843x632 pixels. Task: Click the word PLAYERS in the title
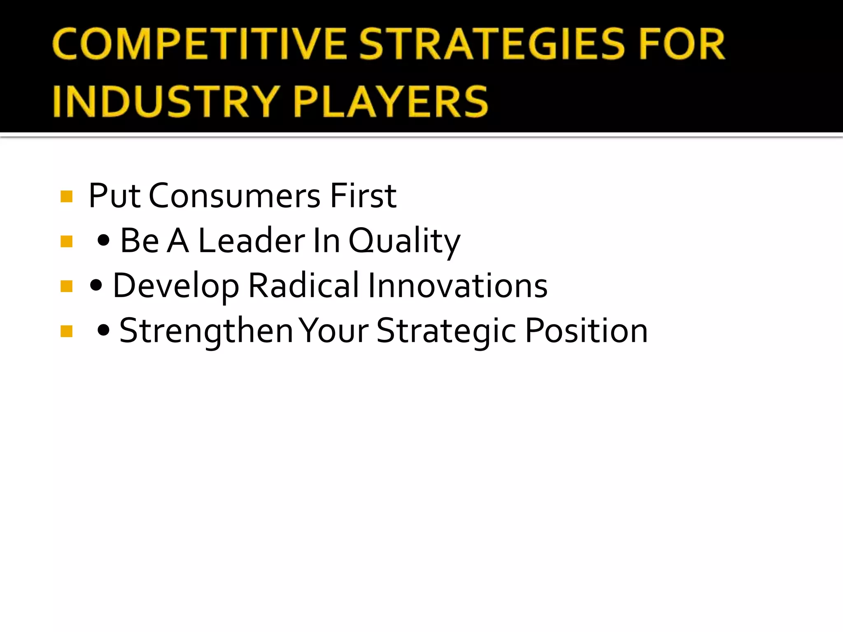click(x=391, y=101)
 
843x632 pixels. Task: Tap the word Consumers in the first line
click(x=234, y=196)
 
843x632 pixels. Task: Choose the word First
click(x=363, y=196)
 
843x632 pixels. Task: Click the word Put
click(x=114, y=196)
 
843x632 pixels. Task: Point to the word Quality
click(x=404, y=242)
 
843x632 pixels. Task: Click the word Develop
click(x=176, y=286)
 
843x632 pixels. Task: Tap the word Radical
click(x=304, y=286)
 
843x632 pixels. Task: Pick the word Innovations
click(x=457, y=286)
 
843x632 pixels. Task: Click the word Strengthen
click(x=206, y=331)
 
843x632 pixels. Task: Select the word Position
click(x=587, y=331)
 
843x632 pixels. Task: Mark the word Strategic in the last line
click(x=446, y=331)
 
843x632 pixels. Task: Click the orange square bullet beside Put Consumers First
click(x=66, y=197)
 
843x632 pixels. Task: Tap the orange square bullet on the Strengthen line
click(x=66, y=331)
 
